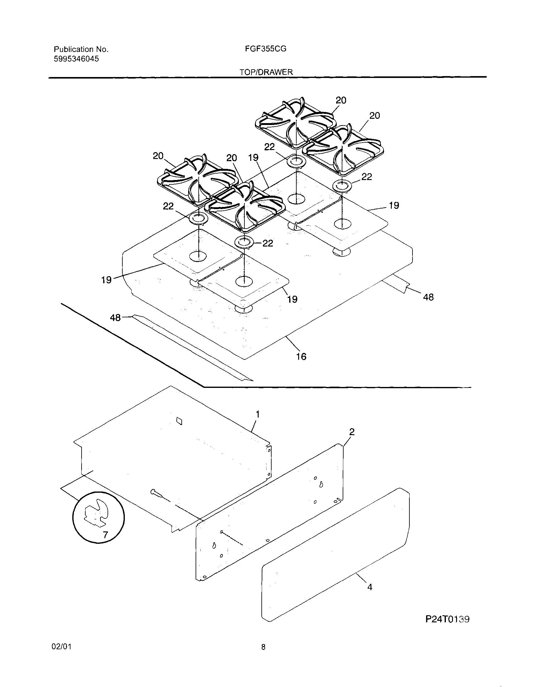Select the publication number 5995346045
[x=76, y=59]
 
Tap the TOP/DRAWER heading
[x=266, y=72]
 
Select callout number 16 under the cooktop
[x=301, y=356]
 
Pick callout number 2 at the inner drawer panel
[x=352, y=432]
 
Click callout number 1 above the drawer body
[x=258, y=414]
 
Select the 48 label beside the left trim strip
[x=115, y=318]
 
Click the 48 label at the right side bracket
[x=428, y=297]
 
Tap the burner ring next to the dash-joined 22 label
[x=244, y=243]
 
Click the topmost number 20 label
[x=341, y=100]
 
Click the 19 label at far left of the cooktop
[x=106, y=280]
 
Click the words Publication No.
[x=81, y=49]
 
